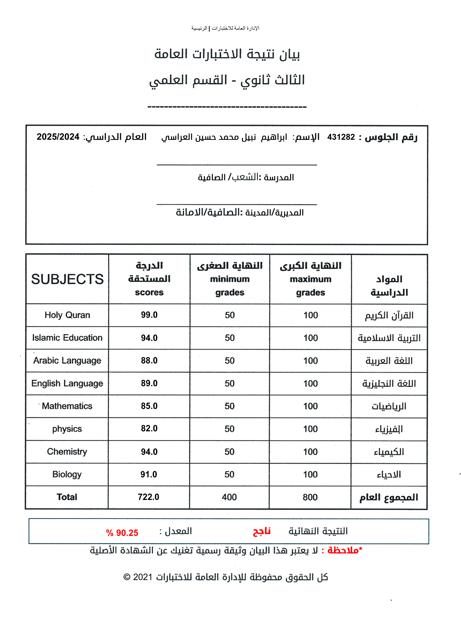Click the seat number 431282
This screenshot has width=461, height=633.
(x=341, y=137)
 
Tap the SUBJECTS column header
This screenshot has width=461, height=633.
(x=67, y=279)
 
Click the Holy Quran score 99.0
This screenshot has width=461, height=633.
(x=149, y=315)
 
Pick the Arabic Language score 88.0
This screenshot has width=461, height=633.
(x=149, y=360)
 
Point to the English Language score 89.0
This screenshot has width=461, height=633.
(x=149, y=383)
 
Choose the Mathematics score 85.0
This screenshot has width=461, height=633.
(x=149, y=406)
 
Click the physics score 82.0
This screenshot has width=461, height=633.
(x=149, y=428)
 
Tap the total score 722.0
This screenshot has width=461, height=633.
(x=148, y=497)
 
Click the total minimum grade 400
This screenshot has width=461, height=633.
(x=229, y=497)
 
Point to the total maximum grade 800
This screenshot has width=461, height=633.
(x=310, y=497)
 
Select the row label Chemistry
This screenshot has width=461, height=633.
(x=67, y=451)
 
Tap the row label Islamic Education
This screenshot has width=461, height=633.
(x=67, y=338)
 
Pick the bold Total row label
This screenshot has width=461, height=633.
(x=67, y=497)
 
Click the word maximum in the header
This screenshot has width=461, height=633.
(x=310, y=279)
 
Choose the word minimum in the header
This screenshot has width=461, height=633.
(x=230, y=279)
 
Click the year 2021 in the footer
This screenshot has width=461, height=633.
(x=142, y=577)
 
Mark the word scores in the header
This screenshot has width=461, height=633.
(x=149, y=292)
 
